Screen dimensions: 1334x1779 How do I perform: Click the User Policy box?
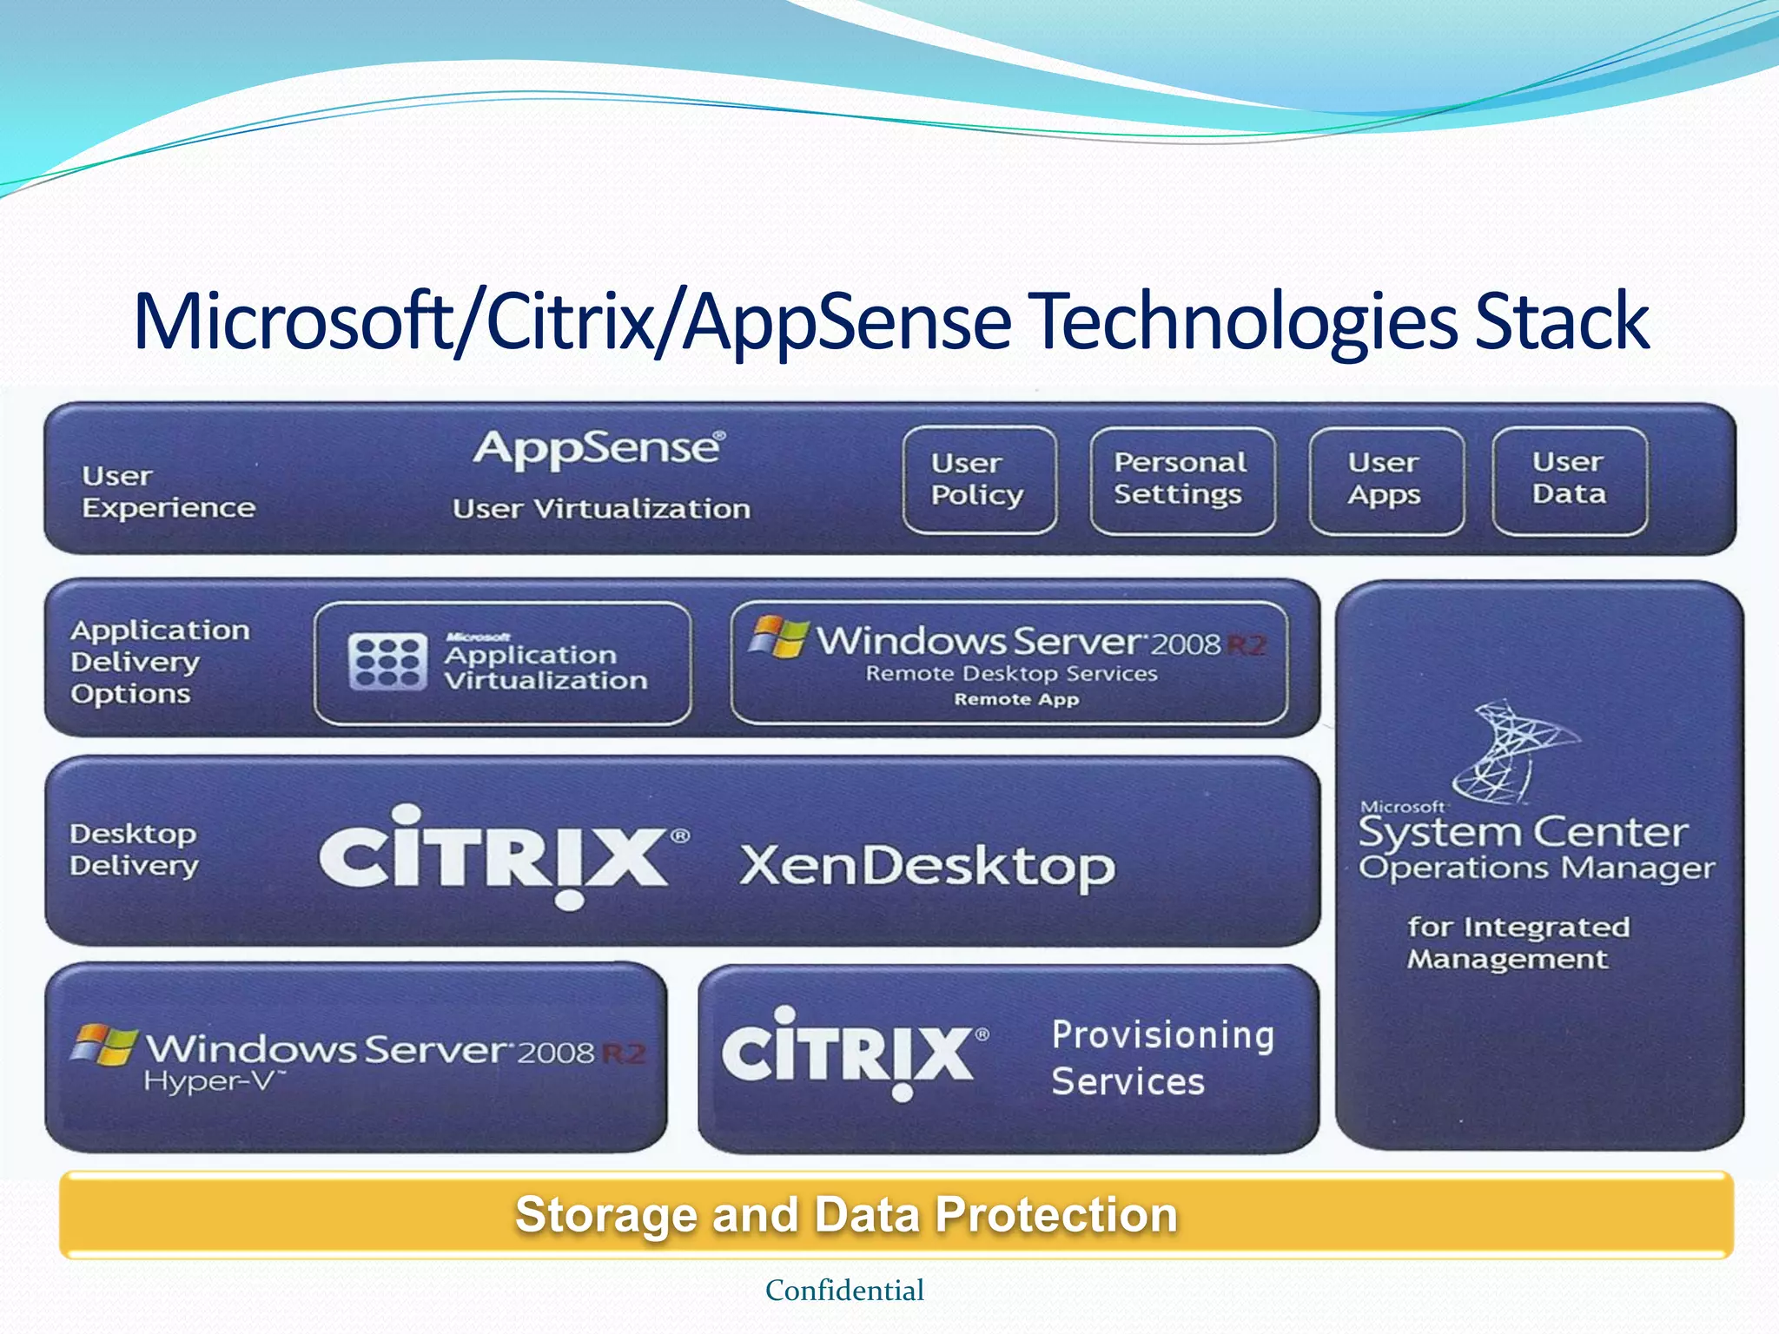979,479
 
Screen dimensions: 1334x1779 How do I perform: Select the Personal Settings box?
1181,479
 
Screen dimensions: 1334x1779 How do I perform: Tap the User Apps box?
1386,479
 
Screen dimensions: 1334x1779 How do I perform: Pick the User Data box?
1569,479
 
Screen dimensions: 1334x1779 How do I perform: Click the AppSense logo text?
599,449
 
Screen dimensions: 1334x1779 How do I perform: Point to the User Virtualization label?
601,509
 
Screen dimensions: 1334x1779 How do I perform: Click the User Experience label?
168,492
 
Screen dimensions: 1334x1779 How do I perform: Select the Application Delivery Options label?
160,662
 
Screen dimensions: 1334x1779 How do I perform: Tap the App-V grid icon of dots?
387,662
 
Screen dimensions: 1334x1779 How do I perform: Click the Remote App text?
1016,700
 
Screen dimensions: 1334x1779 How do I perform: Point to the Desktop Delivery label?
134,850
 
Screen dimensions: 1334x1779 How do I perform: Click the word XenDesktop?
927,867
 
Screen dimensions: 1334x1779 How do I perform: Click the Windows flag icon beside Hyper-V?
103,1045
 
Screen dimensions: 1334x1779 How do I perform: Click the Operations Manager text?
1537,868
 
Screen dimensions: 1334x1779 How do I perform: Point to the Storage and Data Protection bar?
895,1214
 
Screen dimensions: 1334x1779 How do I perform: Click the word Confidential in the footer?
844,1291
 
